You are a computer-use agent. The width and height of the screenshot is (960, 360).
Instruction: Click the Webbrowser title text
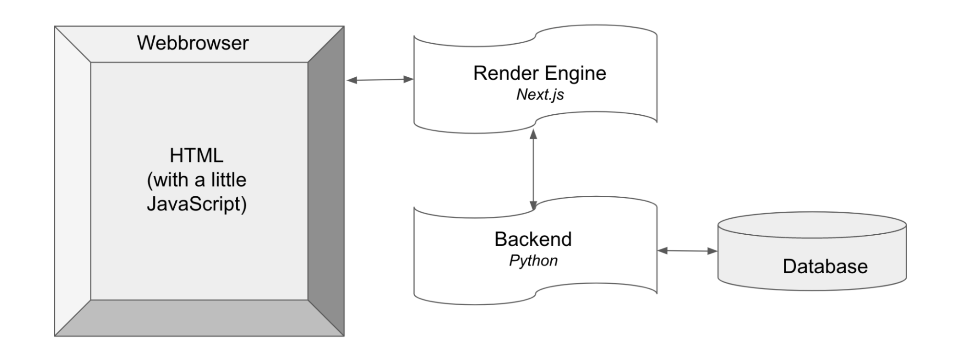tap(193, 43)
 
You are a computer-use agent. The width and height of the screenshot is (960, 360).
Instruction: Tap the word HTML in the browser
tap(196, 156)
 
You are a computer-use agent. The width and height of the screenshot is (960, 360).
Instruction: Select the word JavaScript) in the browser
tap(196, 204)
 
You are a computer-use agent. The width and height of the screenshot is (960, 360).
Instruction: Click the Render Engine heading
tap(539, 73)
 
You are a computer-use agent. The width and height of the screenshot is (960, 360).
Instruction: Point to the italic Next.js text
tap(540, 95)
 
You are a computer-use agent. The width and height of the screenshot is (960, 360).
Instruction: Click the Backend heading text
tap(533, 239)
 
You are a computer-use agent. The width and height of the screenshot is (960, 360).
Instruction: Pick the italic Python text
tap(533, 261)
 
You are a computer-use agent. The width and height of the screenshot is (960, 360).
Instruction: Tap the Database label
tap(825, 266)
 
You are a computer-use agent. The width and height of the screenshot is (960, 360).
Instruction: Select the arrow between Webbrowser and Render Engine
tap(379, 80)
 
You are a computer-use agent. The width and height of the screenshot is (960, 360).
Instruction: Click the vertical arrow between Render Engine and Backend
tap(533, 168)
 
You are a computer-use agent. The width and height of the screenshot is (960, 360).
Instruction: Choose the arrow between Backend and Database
tap(687, 251)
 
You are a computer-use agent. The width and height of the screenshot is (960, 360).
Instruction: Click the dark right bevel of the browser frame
tap(326, 181)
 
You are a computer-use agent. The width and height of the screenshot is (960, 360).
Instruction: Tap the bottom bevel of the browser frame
tap(199, 318)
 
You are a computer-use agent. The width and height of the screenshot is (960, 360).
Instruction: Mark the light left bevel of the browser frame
tap(72, 181)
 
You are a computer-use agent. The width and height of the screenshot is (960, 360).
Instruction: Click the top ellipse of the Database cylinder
tap(812, 225)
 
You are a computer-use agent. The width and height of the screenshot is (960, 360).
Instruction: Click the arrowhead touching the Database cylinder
tap(713, 251)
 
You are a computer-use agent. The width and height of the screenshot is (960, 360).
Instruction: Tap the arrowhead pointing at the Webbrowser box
tap(352, 80)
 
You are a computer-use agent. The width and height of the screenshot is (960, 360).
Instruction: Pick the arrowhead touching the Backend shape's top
tap(533, 205)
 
